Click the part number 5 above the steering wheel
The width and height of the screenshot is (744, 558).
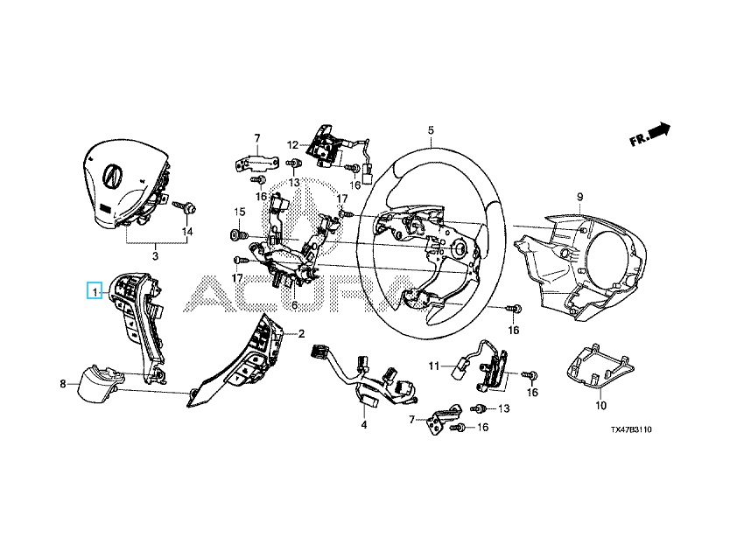431,129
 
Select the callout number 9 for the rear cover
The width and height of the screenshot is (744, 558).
579,197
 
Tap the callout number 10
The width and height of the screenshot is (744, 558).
600,406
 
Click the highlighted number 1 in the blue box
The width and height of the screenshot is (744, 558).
95,291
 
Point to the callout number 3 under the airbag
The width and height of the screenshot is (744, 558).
155,256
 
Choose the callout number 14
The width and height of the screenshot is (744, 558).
188,232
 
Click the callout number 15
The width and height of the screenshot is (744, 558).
240,212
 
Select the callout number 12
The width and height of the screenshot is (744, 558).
292,144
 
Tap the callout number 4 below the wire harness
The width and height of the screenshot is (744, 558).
364,425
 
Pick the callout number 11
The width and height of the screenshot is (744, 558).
434,366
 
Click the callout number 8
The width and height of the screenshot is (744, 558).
63,384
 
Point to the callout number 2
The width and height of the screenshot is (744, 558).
301,334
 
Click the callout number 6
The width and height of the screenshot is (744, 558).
294,305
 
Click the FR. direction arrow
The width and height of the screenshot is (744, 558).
650,134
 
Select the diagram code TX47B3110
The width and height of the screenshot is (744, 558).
631,429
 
